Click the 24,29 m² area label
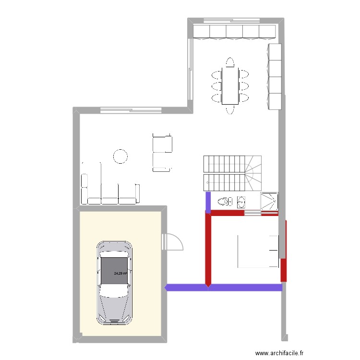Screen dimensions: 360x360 (120, 274)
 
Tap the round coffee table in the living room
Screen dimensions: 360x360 (120, 156)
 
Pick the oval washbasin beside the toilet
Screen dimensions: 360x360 (241, 201)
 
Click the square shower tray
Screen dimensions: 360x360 (269, 201)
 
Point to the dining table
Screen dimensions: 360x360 (230, 86)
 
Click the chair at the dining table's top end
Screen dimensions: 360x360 (230, 63)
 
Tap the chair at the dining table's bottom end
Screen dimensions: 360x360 (230, 109)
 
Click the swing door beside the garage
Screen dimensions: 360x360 (173, 241)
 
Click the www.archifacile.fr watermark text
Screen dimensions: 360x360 (280, 354)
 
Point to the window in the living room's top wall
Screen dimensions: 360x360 (131, 110)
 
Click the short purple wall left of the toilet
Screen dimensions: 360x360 (208, 202)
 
